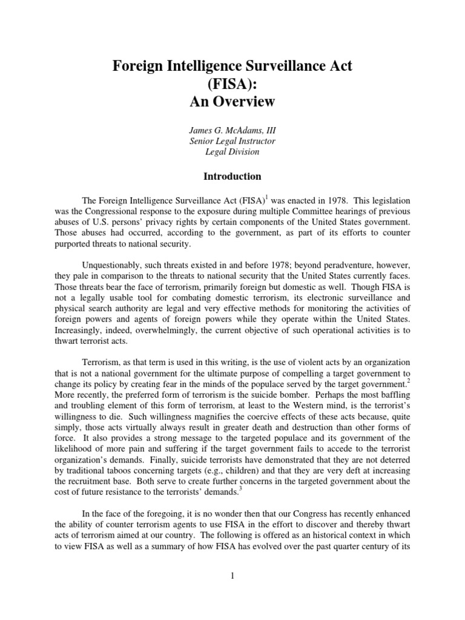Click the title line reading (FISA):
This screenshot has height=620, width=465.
(232, 84)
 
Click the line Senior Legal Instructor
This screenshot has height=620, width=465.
(232, 140)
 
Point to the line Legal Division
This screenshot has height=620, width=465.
(232, 152)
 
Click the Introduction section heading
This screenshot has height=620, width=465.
(232, 177)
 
